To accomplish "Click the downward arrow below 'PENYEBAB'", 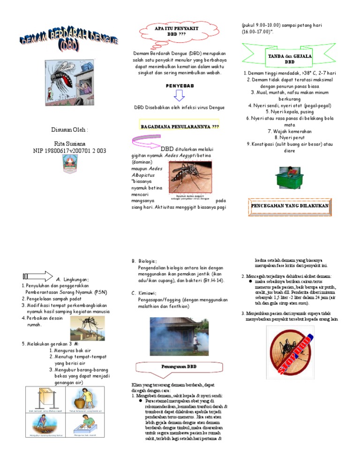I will (180, 96).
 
